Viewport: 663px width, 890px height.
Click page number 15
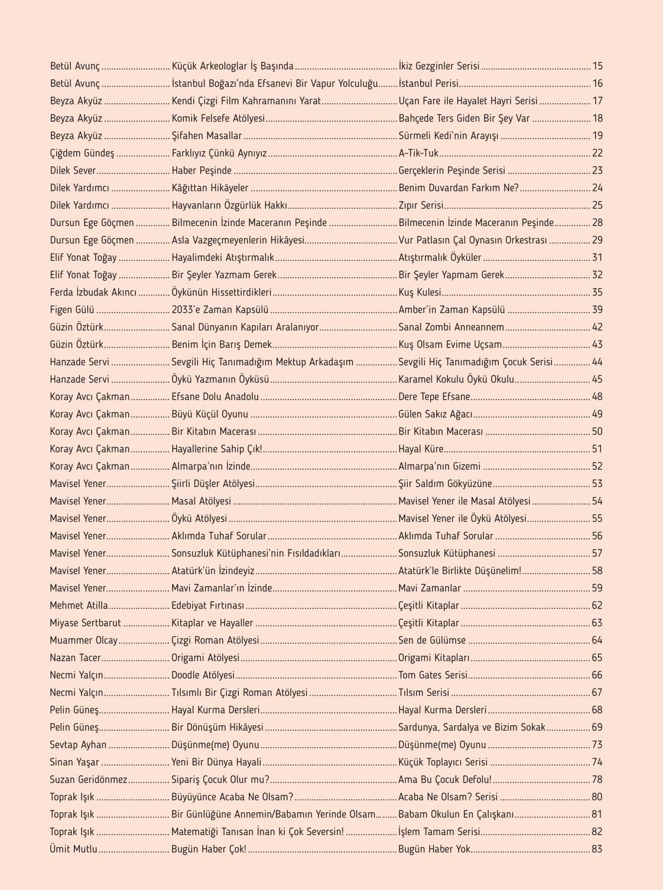tap(597, 66)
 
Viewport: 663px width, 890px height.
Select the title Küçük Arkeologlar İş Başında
tap(232, 66)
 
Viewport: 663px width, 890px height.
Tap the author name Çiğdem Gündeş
tap(82, 153)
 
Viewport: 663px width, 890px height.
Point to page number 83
tap(597, 849)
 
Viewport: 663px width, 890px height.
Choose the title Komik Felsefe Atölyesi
tap(218, 119)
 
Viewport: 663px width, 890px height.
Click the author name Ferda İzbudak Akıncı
tap(93, 292)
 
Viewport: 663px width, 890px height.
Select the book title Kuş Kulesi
tap(420, 292)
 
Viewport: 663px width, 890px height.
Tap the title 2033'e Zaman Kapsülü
tap(220, 310)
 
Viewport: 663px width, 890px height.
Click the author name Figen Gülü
tap(72, 310)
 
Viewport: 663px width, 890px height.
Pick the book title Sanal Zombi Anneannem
tap(451, 327)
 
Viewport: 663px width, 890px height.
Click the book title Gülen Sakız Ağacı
tap(435, 414)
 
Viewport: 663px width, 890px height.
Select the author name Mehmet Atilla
tap(79, 606)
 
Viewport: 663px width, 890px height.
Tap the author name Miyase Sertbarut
tap(85, 623)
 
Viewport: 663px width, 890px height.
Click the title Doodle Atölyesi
tap(203, 675)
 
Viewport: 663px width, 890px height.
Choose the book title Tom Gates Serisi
tap(433, 675)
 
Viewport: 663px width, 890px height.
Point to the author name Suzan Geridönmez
tap(89, 780)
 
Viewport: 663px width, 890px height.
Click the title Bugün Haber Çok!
tap(209, 849)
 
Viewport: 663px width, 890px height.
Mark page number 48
tap(597, 397)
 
